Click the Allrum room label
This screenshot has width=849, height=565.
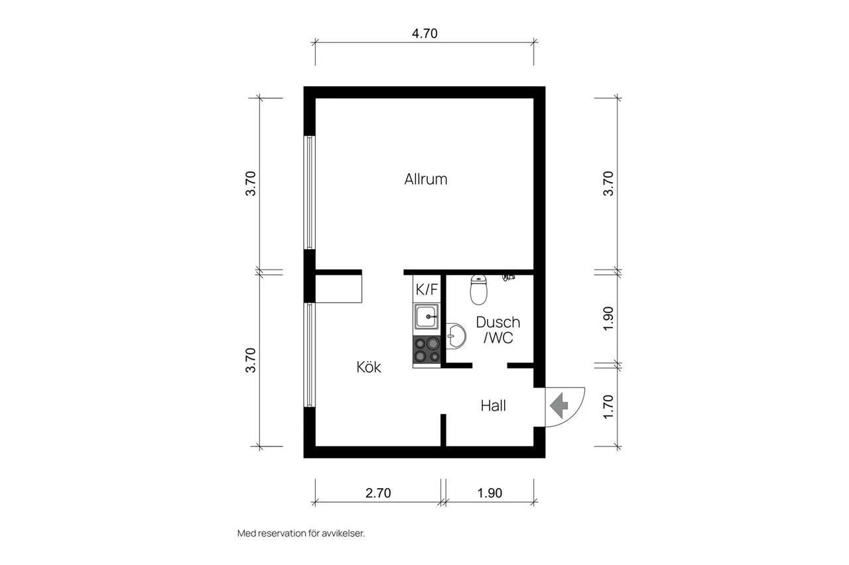pyautogui.click(x=426, y=179)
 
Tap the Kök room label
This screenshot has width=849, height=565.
pyautogui.click(x=368, y=367)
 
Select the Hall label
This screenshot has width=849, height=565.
pyautogui.click(x=493, y=405)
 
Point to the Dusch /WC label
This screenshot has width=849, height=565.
pyautogui.click(x=498, y=330)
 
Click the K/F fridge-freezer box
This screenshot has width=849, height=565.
pyautogui.click(x=426, y=289)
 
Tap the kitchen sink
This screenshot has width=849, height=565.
pyautogui.click(x=426, y=317)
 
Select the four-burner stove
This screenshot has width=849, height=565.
pyautogui.click(x=426, y=350)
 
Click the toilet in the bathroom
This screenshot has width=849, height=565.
pyautogui.click(x=478, y=290)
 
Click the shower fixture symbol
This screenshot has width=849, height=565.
pyautogui.click(x=508, y=278)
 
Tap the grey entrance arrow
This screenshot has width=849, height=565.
pyautogui.click(x=559, y=405)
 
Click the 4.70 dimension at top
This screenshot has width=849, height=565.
pyautogui.click(x=424, y=33)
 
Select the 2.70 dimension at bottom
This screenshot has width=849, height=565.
pyautogui.click(x=378, y=493)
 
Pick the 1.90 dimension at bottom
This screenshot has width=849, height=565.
pyautogui.click(x=490, y=493)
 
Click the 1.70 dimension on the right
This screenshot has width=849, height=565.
pyautogui.click(x=608, y=407)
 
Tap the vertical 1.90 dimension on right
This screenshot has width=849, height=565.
pyautogui.click(x=608, y=319)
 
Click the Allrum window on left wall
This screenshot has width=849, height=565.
pyautogui.click(x=310, y=192)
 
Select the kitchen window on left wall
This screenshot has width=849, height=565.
pyautogui.click(x=310, y=355)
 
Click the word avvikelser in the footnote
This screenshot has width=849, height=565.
pyautogui.click(x=343, y=534)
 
